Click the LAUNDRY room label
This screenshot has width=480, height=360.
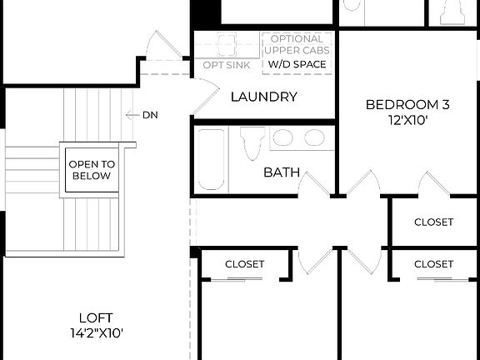263,97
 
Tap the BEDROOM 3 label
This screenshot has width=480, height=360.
408,105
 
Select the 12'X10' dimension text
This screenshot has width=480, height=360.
408,120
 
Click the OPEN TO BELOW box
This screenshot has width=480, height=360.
92,170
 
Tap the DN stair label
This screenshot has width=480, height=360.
150,114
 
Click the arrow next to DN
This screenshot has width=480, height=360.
131,114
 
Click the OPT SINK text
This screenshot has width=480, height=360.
225,64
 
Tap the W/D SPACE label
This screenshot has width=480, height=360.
298,63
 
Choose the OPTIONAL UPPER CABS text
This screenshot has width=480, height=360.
297,45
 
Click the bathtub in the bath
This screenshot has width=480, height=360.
212,159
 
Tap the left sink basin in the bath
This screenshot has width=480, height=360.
283,137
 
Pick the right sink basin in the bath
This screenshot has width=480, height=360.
313,137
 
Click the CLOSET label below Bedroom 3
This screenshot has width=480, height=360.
433,222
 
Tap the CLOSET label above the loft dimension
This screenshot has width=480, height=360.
244,264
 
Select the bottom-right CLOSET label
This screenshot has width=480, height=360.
433,264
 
